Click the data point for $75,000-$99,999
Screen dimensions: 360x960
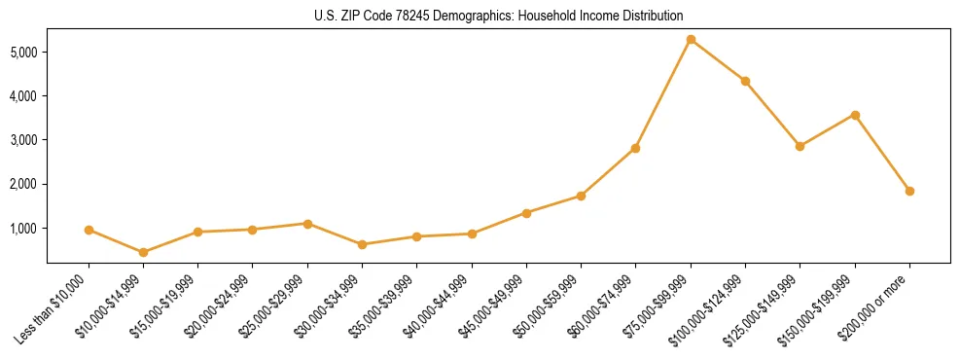[x=691, y=39]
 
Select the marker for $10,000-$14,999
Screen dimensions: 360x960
[x=143, y=252]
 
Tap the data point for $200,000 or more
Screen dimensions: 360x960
[x=909, y=191]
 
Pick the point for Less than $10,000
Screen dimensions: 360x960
[x=89, y=230]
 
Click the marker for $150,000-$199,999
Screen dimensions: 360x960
[x=855, y=115]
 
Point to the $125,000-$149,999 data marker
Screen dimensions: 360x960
[x=800, y=146]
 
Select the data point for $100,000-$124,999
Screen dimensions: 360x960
[x=745, y=81]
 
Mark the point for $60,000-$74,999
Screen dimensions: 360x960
[x=635, y=148]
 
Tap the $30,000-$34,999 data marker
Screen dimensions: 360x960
[x=362, y=244]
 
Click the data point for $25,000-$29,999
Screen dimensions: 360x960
[x=307, y=224]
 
